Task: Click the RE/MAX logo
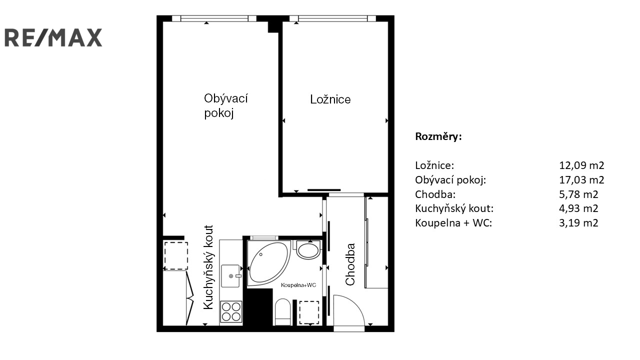pyautogui.click(x=53, y=37)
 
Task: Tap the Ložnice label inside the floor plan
pyautogui.click(x=330, y=99)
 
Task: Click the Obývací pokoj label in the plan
pyautogui.click(x=225, y=105)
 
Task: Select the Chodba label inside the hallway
pyautogui.click(x=350, y=264)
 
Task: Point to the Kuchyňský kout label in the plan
pyautogui.click(x=208, y=267)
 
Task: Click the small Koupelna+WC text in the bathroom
pyautogui.click(x=298, y=285)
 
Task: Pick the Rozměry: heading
pyautogui.click(x=438, y=136)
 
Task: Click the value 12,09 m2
pyautogui.click(x=581, y=165)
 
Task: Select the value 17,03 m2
pyautogui.click(x=581, y=179)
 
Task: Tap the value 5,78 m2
pyautogui.click(x=578, y=194)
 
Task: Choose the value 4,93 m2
pyautogui.click(x=578, y=208)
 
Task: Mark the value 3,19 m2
pyautogui.click(x=578, y=223)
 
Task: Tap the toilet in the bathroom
pyautogui.click(x=282, y=312)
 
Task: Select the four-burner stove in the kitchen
pyautogui.click(x=231, y=311)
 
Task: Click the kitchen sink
pyautogui.click(x=230, y=275)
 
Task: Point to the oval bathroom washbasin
pyautogui.click(x=308, y=250)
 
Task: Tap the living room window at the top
pyautogui.click(x=214, y=18)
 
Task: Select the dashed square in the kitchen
pyautogui.click(x=175, y=255)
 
